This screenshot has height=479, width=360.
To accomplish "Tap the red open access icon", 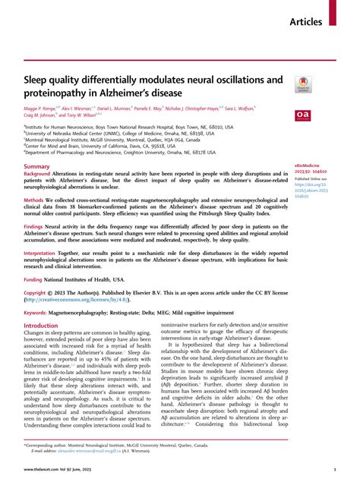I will click(303, 114).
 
